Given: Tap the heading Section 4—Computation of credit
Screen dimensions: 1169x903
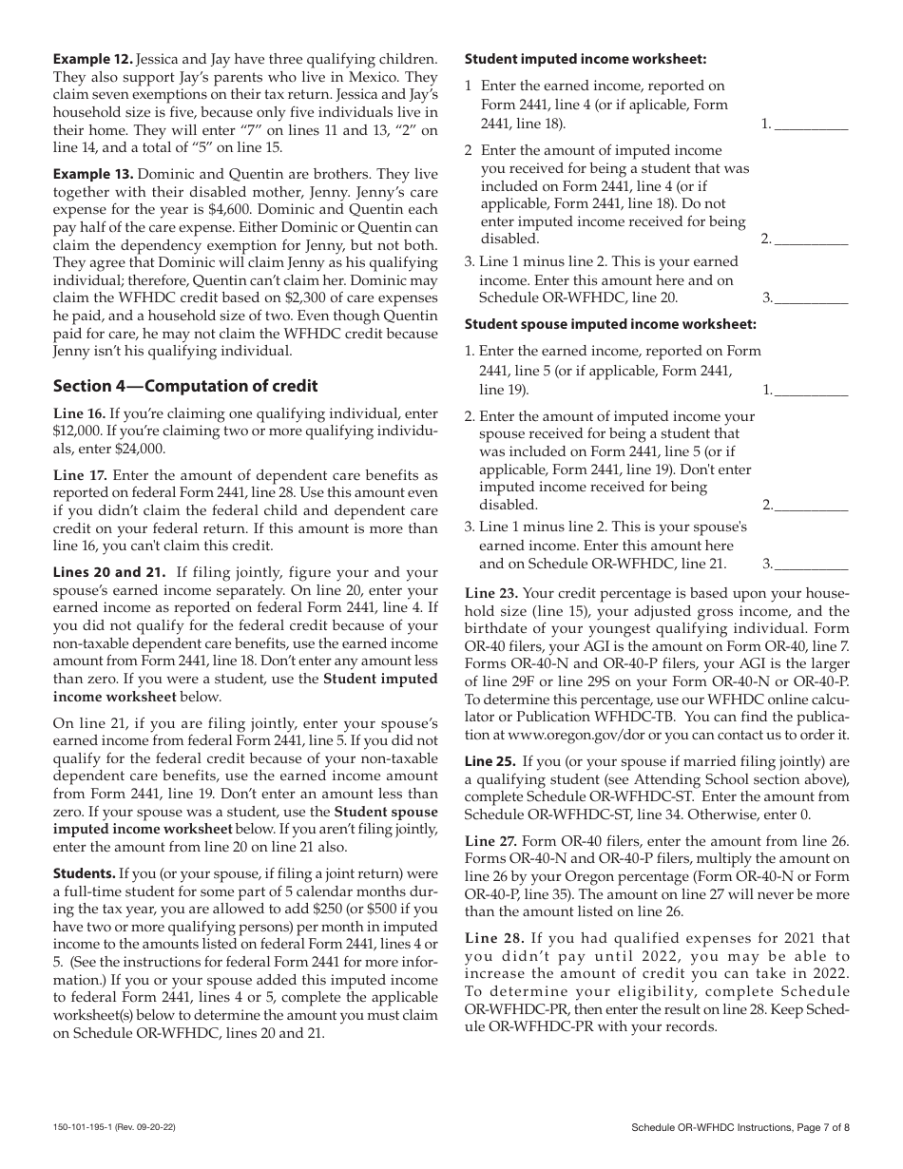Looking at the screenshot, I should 184,386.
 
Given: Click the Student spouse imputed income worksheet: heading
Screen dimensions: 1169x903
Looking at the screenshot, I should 610,324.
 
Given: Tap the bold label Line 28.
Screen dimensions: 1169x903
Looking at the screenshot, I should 490,938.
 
